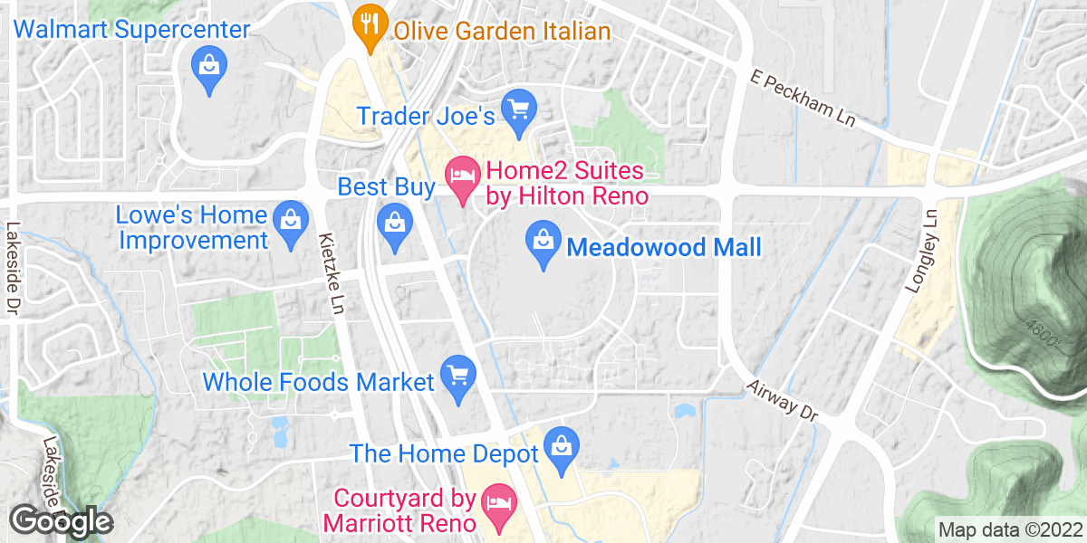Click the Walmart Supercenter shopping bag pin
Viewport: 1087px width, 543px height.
pyautogui.click(x=210, y=66)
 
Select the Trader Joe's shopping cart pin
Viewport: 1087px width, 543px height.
pyautogui.click(x=519, y=110)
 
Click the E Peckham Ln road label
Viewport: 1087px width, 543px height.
pyautogui.click(x=803, y=99)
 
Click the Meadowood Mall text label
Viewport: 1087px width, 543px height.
pyautogui.click(x=664, y=247)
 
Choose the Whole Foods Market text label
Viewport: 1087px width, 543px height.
pyautogui.click(x=319, y=382)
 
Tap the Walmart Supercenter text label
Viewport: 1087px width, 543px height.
pyautogui.click(x=132, y=30)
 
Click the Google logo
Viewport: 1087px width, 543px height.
pyautogui.click(x=61, y=521)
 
